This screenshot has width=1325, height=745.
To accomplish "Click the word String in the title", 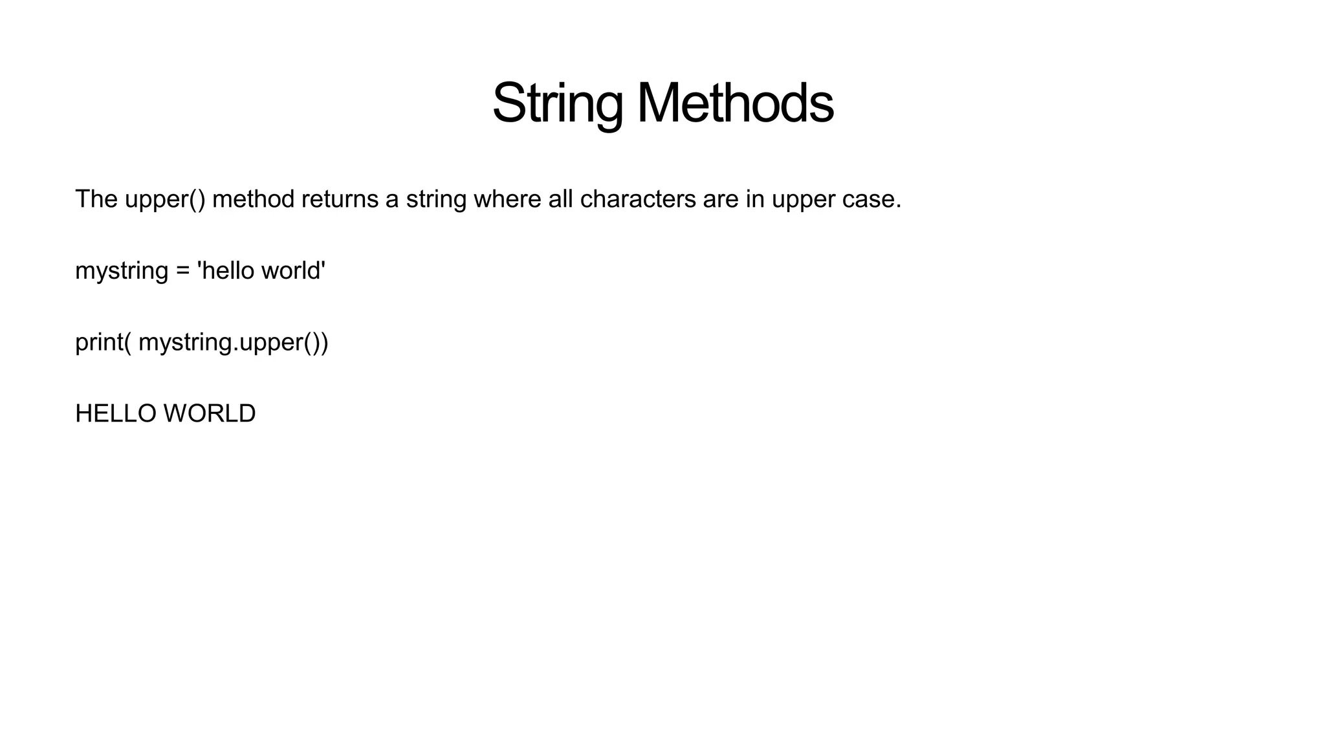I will pos(558,103).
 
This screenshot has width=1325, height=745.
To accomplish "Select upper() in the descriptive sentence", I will pos(165,200).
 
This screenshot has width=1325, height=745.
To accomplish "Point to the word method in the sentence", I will pos(253,199).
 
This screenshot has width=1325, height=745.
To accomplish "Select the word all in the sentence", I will pos(560,199).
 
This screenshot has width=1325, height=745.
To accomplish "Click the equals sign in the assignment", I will pos(182,271).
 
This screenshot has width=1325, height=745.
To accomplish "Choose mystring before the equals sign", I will pos(122,271).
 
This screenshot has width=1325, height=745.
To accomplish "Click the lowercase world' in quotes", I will pos(293,270).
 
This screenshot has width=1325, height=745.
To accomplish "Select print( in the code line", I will pos(104,342).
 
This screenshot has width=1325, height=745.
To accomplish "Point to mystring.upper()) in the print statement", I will pos(234,342).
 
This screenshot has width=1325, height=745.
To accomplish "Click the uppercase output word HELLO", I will pos(116,414).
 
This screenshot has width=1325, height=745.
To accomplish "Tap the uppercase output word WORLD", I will pos(210,414).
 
